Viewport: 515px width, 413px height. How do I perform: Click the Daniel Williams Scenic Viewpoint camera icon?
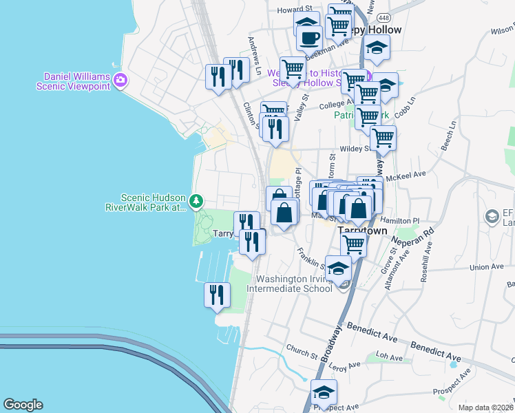pos(121,81)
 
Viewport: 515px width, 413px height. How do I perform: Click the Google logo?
pos(23,405)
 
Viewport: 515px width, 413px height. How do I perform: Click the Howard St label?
pos(295,10)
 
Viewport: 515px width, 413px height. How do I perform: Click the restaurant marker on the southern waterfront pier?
pos(218,294)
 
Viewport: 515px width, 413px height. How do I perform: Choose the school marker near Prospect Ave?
pos(324,392)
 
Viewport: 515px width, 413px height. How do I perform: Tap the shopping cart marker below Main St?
pos(353,242)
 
